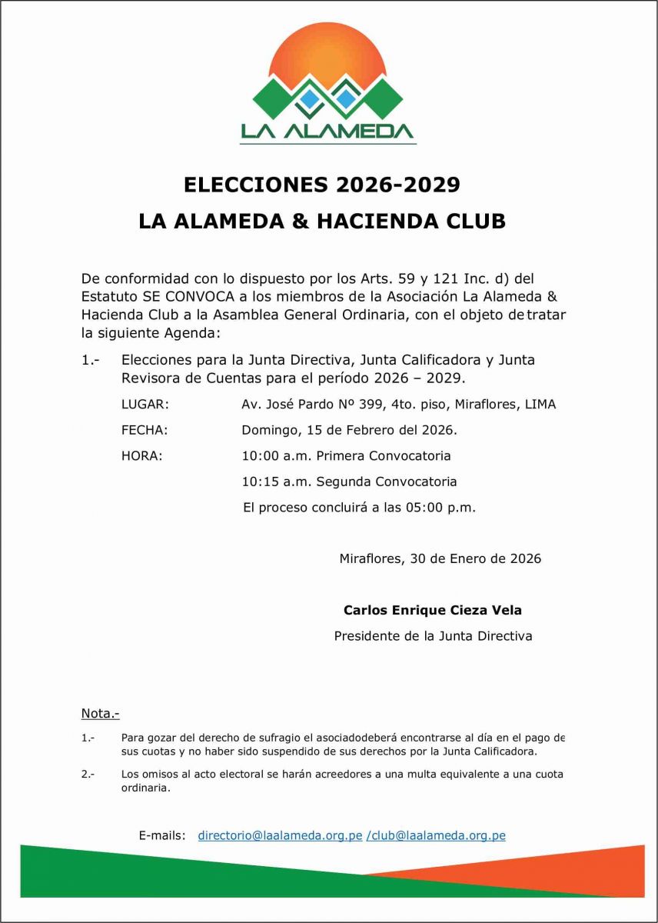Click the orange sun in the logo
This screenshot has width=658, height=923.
(x=328, y=54)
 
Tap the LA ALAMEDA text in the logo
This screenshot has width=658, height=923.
(x=328, y=132)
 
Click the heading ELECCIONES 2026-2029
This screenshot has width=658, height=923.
(x=322, y=185)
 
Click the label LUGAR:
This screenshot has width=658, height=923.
(x=145, y=405)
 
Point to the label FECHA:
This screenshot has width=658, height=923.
(x=145, y=430)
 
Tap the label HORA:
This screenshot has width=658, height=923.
(x=142, y=456)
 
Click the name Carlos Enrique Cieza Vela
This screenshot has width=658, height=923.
(x=433, y=610)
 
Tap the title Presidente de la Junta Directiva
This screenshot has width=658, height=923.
(x=433, y=636)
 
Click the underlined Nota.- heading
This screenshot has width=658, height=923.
(x=100, y=713)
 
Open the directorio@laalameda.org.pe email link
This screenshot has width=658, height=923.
(x=280, y=835)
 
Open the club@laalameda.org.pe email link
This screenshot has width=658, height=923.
(x=438, y=835)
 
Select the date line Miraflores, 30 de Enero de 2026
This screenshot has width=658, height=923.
(x=440, y=559)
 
